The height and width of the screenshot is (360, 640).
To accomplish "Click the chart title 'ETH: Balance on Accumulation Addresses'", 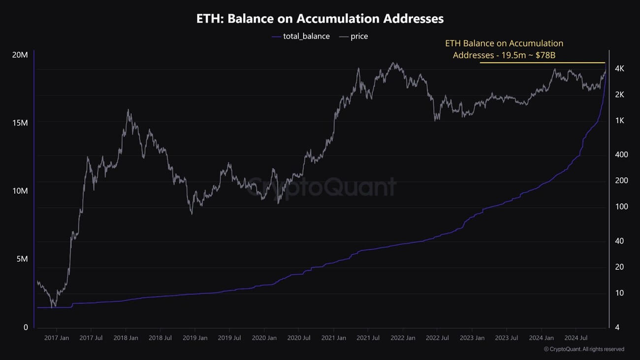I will point(320,19).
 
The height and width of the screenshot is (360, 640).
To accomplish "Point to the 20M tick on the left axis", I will point(20,55).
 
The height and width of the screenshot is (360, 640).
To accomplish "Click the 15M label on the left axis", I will point(20,123).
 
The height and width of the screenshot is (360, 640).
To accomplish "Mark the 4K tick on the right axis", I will point(619,68).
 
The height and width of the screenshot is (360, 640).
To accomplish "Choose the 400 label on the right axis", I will point(622,155).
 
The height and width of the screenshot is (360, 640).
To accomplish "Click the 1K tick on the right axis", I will point(619,120).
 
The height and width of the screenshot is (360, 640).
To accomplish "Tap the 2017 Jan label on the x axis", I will point(57,338).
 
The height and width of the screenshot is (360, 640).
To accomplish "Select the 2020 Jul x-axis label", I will point(299,338).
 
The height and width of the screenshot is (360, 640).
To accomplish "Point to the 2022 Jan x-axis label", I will point(403,338).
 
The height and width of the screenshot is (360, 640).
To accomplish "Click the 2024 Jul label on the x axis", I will point(576,338).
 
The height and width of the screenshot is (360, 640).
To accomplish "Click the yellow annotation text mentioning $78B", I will point(504,49).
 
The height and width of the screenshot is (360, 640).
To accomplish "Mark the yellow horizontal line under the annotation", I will point(542,63).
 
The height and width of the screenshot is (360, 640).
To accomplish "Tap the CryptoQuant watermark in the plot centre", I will point(321,187).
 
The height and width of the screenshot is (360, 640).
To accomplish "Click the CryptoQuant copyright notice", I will point(584,349).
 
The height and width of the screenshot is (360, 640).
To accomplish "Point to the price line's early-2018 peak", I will point(128,110).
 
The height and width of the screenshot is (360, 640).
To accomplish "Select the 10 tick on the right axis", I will point(620,293).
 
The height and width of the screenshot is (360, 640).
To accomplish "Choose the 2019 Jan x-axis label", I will point(195,338).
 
